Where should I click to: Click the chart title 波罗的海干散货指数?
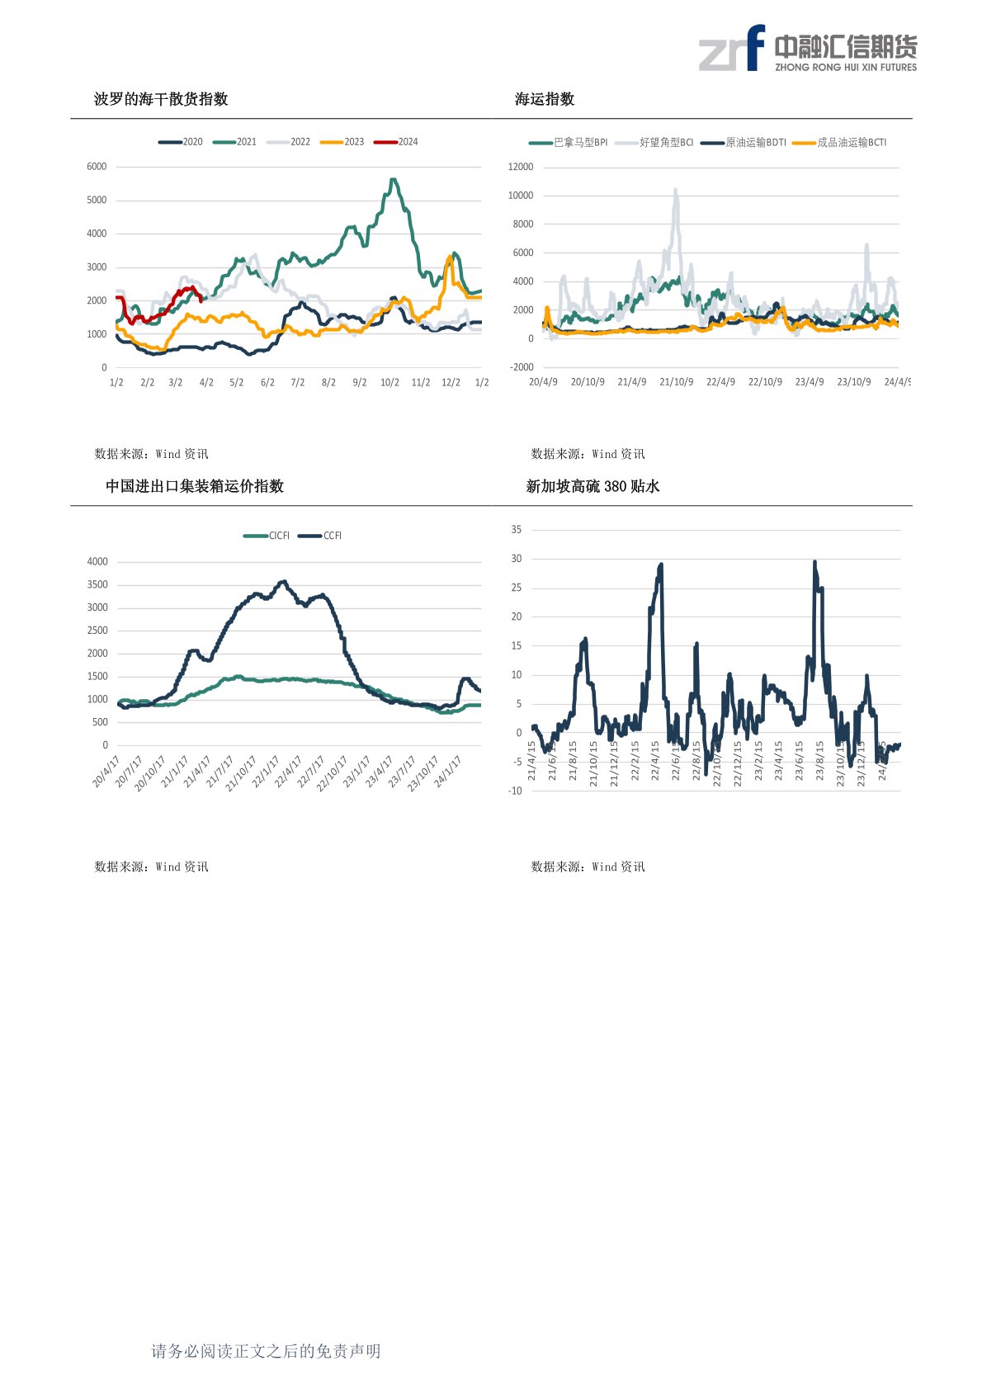[161, 99]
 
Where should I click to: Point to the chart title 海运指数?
[545, 99]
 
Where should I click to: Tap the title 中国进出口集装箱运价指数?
[195, 486]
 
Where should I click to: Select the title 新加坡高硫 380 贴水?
[593, 486]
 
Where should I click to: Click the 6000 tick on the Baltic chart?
[97, 167]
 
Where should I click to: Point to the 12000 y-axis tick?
[521, 167]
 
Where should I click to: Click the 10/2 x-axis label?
[389, 383]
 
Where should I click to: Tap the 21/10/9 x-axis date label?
[676, 382]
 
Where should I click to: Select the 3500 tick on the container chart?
[97, 584]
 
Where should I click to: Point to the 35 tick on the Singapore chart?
[517, 530]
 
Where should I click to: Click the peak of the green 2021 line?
[394, 179]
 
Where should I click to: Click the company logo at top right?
[808, 49]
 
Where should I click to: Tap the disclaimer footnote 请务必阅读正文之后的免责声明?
[266, 1351]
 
